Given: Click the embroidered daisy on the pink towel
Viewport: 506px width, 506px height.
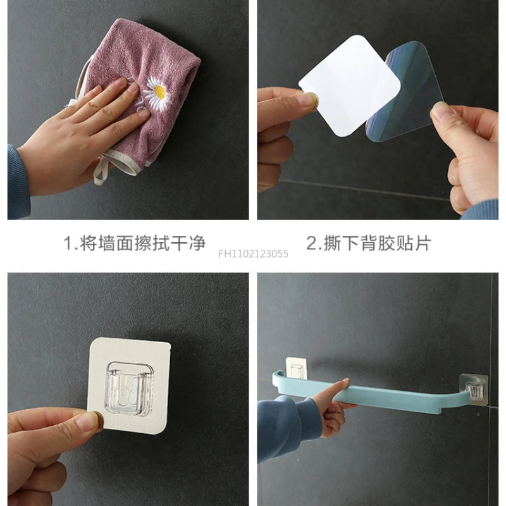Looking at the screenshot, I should [x=155, y=92].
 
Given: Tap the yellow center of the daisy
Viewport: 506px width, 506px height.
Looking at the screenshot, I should [x=159, y=94].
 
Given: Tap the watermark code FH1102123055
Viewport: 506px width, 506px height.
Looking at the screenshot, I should [x=253, y=254].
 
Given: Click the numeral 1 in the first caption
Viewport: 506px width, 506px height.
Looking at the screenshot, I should [x=68, y=243].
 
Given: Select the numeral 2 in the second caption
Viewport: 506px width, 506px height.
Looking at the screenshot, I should [x=312, y=243].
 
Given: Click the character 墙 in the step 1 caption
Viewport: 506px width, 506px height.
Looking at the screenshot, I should [x=106, y=243].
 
